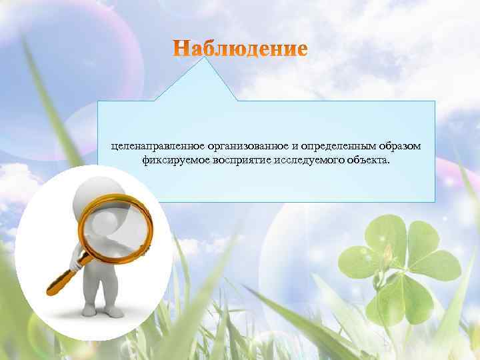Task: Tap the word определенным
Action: pyautogui.click(x=332, y=146)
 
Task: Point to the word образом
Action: pyautogui.click(x=397, y=146)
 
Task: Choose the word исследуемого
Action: pyautogui.click(x=301, y=161)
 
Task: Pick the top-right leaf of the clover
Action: pyautogui.click(x=427, y=240)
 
